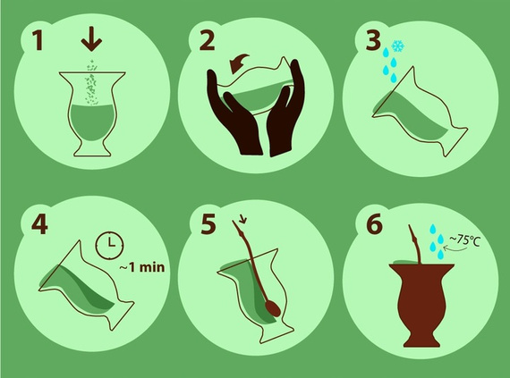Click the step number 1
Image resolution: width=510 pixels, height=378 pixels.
pyautogui.click(x=38, y=40)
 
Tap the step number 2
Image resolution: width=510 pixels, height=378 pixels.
pyautogui.click(x=207, y=40)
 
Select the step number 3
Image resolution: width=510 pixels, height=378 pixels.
pyautogui.click(x=373, y=40)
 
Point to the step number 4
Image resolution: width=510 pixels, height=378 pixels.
pyautogui.click(x=39, y=223)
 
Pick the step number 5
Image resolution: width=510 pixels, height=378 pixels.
pyautogui.click(x=208, y=223)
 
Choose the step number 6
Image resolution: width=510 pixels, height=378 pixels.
pyautogui.click(x=374, y=223)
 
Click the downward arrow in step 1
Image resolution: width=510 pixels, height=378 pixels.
pyautogui.click(x=91, y=39)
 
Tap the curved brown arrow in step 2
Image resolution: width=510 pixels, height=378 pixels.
pyautogui.click(x=238, y=63)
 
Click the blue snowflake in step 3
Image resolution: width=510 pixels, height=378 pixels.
pyautogui.click(x=397, y=46)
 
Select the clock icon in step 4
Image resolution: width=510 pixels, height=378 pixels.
pyautogui.click(x=110, y=245)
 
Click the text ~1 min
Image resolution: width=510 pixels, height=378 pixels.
pyautogui.click(x=141, y=267)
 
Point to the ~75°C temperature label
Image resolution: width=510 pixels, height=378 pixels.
pyautogui.click(x=464, y=240)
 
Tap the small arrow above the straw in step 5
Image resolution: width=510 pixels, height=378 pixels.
pyautogui.click(x=242, y=220)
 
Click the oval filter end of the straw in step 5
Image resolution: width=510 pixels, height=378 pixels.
pyautogui.click(x=273, y=307)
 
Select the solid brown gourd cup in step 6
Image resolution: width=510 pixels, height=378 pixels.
pyautogui.click(x=421, y=306)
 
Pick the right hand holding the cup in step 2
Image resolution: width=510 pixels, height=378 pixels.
pyautogui.click(x=284, y=108)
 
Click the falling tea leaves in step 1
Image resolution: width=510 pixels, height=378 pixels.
pyautogui.click(x=90, y=83)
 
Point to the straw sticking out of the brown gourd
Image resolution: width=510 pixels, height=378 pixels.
pyautogui.click(x=415, y=244)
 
